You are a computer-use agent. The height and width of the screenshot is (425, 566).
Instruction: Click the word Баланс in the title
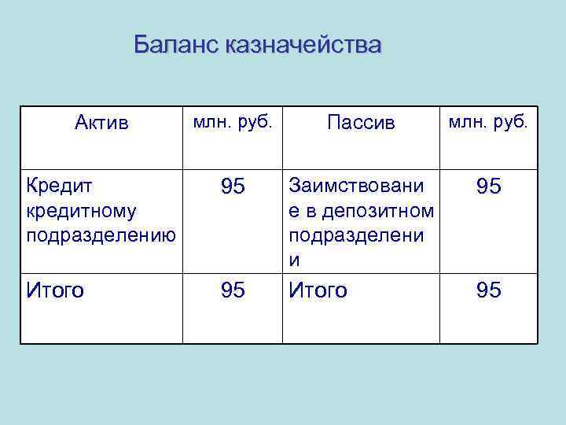click(175, 45)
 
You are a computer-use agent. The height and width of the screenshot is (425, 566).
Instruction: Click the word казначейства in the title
click(303, 45)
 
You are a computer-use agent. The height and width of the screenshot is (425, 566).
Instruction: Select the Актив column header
click(101, 124)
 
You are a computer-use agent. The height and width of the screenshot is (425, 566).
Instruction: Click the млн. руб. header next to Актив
click(233, 123)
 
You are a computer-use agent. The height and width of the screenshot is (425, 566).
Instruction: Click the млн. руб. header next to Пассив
click(489, 123)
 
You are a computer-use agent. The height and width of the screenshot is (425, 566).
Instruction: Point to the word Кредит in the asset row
click(59, 187)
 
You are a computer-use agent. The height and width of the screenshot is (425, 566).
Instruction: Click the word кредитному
click(81, 211)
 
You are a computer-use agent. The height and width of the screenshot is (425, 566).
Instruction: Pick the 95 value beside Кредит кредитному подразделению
click(233, 187)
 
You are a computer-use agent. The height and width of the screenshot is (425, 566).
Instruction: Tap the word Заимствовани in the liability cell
click(355, 187)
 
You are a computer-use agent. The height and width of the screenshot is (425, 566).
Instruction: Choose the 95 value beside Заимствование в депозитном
click(488, 187)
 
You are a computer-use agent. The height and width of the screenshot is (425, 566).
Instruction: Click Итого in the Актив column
click(55, 290)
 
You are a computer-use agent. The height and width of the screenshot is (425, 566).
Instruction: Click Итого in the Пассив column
click(318, 290)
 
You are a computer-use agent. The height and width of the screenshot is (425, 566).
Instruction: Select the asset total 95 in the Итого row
click(233, 290)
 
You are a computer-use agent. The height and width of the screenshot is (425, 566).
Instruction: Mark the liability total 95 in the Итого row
click(488, 290)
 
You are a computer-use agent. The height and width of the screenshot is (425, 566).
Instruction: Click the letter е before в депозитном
click(295, 211)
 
